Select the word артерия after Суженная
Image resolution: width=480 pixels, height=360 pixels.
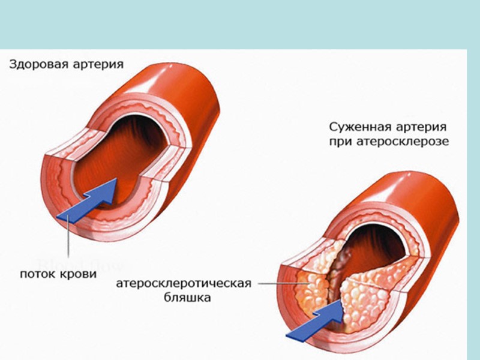422,127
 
